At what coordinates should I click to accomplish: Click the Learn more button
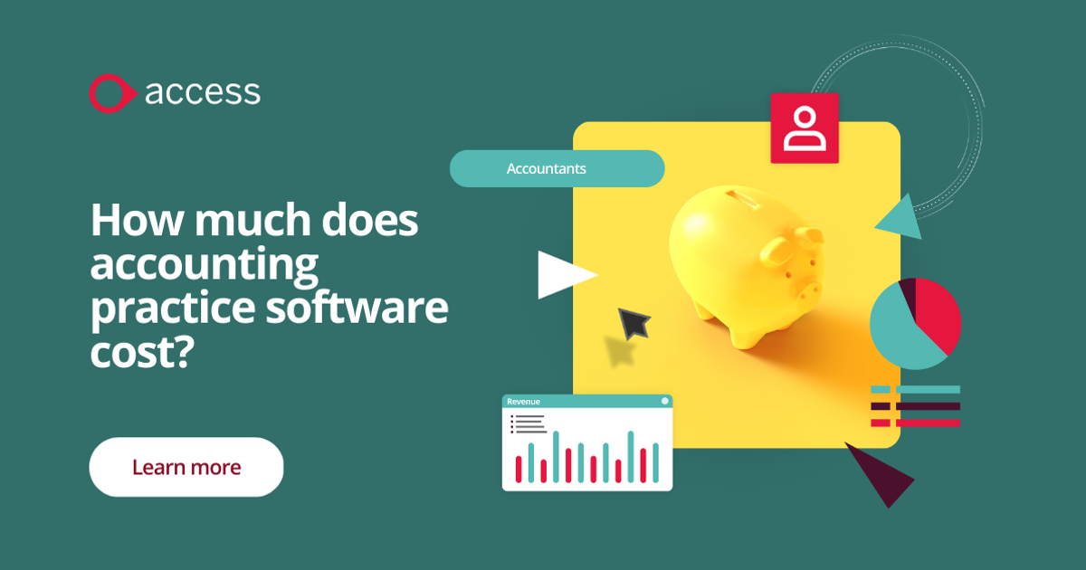pyautogui.click(x=186, y=467)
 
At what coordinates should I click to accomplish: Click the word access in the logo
pyautogui.click(x=203, y=92)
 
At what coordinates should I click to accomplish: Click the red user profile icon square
pyautogui.click(x=805, y=128)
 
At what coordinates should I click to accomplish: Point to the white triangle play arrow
pyautogui.click(x=563, y=274)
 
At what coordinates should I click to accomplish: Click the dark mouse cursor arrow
pyautogui.click(x=633, y=322)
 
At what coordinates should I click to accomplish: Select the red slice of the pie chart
pyautogui.click(x=938, y=312)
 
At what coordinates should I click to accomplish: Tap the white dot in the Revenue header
pyautogui.click(x=664, y=401)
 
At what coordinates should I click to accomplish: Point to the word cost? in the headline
pyautogui.click(x=143, y=352)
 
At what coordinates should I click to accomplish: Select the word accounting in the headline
pyautogui.click(x=205, y=266)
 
